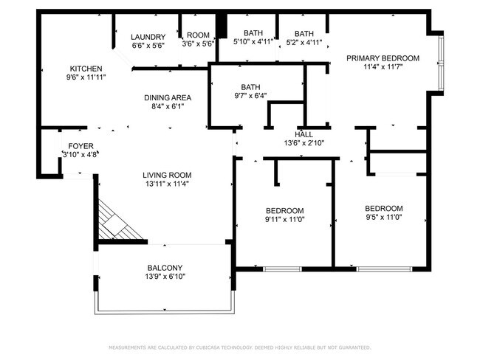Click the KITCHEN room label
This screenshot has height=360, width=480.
point(86,69)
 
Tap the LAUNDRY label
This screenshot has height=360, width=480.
point(148,37)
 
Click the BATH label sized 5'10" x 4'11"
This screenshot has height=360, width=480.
point(253,33)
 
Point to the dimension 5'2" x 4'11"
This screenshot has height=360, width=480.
point(304,42)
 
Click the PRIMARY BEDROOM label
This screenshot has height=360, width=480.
point(383,58)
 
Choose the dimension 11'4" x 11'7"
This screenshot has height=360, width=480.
point(383,67)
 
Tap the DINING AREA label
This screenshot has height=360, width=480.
point(167,97)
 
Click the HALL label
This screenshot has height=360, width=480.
point(304,135)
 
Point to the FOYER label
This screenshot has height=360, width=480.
point(80,146)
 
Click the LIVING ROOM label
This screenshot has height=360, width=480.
point(167,175)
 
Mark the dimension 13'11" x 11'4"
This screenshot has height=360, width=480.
point(167,184)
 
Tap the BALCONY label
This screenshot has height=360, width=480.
point(165,268)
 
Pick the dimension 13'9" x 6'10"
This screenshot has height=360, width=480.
point(165,277)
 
